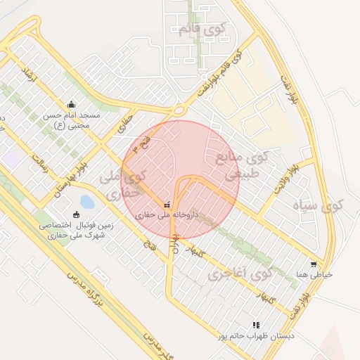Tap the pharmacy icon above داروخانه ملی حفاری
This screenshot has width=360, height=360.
pos(167,205)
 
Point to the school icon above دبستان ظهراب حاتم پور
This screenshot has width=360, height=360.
pos(256,325)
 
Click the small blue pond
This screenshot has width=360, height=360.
pos(87,202)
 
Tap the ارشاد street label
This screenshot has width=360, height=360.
pos(29,73)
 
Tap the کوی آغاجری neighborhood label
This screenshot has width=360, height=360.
pos(240,271)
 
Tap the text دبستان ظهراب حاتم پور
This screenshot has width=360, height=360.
pos(256,336)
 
